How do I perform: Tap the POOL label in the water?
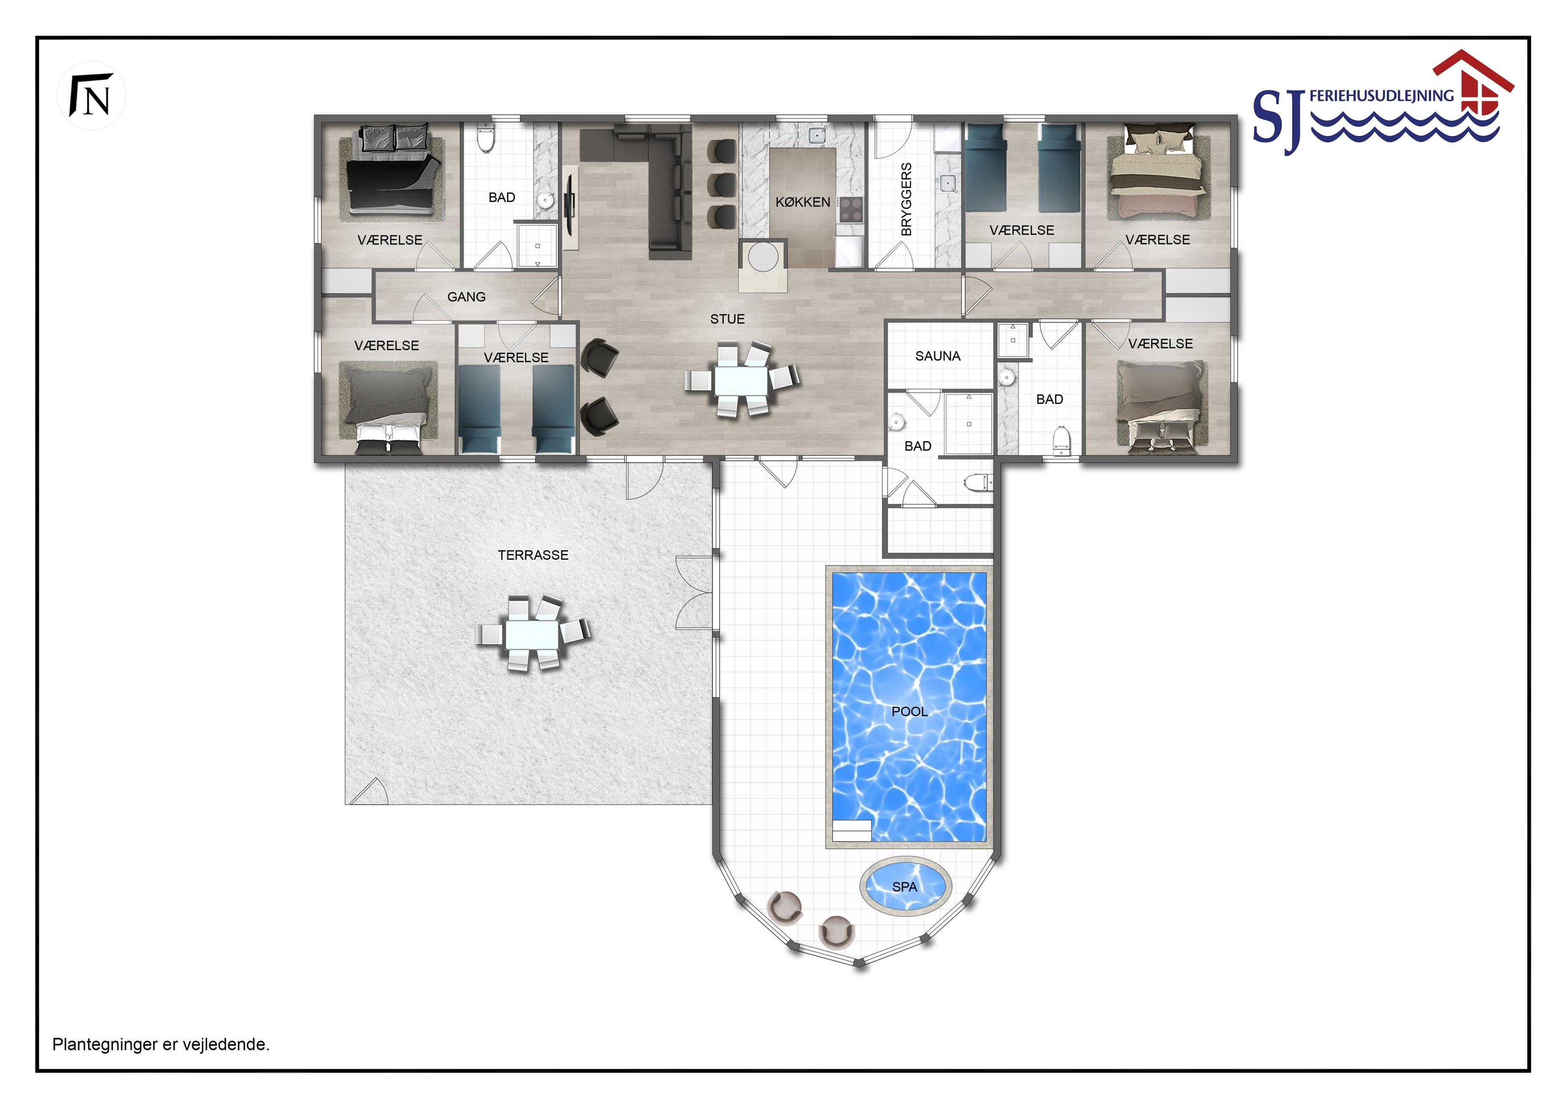tap(909, 712)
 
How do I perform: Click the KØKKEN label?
tap(803, 202)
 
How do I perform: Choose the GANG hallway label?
tap(466, 297)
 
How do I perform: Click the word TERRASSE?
tap(533, 555)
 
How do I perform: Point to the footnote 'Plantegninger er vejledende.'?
tap(161, 1044)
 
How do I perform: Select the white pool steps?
tap(852, 830)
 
